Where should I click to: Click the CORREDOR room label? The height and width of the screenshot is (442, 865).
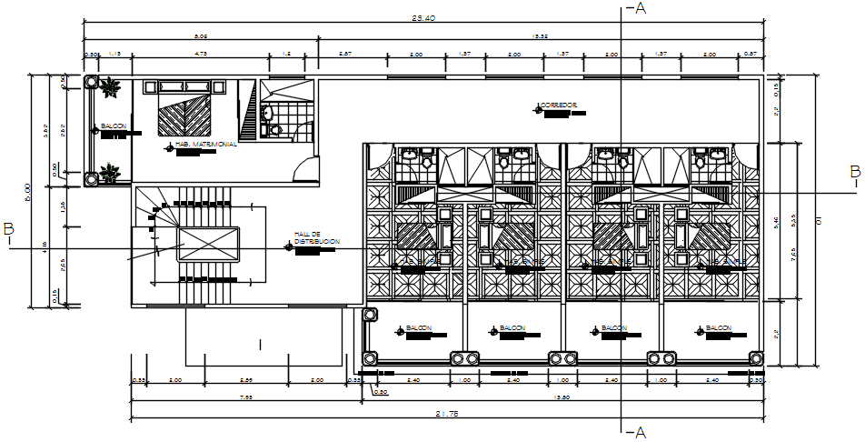(560, 105)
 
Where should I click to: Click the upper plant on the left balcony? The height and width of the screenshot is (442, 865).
(111, 88)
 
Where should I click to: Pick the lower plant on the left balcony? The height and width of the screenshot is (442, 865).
(111, 171)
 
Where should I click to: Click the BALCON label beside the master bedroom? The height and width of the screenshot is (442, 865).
(114, 126)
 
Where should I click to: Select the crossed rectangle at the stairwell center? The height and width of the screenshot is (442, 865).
(208, 246)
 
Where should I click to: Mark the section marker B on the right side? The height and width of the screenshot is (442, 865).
(854, 171)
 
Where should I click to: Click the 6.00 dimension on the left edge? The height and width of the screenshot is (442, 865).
(28, 191)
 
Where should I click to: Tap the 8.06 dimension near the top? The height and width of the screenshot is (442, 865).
(201, 36)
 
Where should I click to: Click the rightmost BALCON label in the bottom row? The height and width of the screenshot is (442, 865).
(719, 328)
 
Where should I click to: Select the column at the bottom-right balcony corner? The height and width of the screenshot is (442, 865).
(754, 357)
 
